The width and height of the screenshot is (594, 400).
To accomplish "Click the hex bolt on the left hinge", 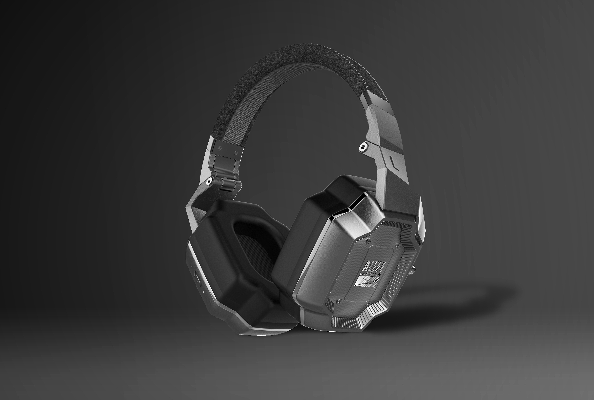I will tap(209, 181).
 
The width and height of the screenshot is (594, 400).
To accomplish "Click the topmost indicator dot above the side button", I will tap(192, 267).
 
